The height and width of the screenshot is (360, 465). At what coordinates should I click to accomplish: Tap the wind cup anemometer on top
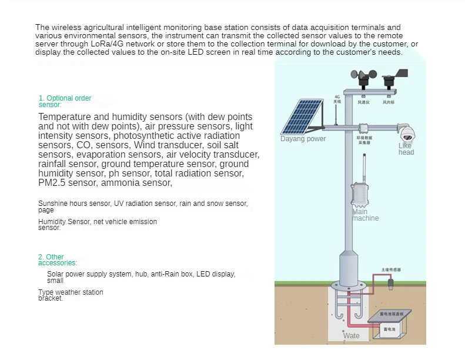363,76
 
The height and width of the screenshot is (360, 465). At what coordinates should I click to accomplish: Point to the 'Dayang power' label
303,139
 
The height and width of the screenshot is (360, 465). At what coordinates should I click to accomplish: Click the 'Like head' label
406,149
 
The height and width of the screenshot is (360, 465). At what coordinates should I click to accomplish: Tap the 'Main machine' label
365,215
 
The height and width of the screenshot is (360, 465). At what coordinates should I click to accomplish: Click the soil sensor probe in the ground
390,285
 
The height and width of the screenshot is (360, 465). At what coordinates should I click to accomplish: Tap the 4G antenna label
337,99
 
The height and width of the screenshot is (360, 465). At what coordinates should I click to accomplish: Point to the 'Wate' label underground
352,336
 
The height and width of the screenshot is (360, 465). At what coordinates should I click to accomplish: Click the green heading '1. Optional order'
65,98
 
